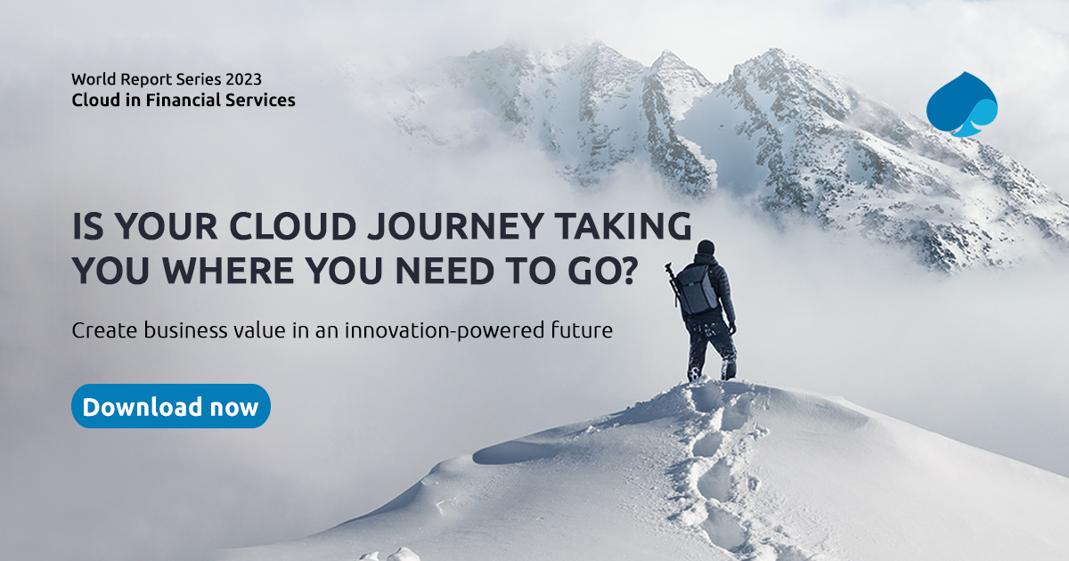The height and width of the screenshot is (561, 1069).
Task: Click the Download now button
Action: [x=170, y=407]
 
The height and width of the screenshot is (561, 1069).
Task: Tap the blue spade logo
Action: [x=961, y=105]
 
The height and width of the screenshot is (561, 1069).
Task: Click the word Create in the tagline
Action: [x=103, y=331]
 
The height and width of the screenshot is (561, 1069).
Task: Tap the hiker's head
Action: [x=706, y=248]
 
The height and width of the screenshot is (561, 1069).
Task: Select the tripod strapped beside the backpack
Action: [x=675, y=283]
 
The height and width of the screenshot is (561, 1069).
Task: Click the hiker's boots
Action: [x=711, y=370]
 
